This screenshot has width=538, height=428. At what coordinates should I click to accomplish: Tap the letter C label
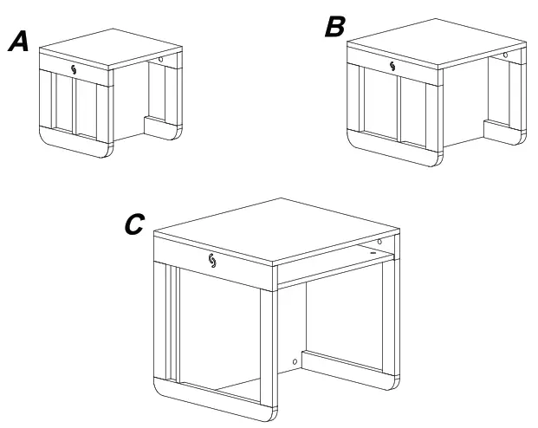pos(134,224)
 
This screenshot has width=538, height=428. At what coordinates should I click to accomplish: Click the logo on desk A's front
pos(74,70)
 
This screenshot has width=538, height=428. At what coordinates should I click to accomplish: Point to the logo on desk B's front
pos(394,67)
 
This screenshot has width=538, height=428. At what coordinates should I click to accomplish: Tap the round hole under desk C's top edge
pos(379,240)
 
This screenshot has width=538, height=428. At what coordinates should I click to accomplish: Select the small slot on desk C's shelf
pos(373,252)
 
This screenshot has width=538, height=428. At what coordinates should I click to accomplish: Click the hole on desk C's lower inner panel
pos(296,360)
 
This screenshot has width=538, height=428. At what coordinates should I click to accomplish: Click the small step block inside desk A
pos(159,129)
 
